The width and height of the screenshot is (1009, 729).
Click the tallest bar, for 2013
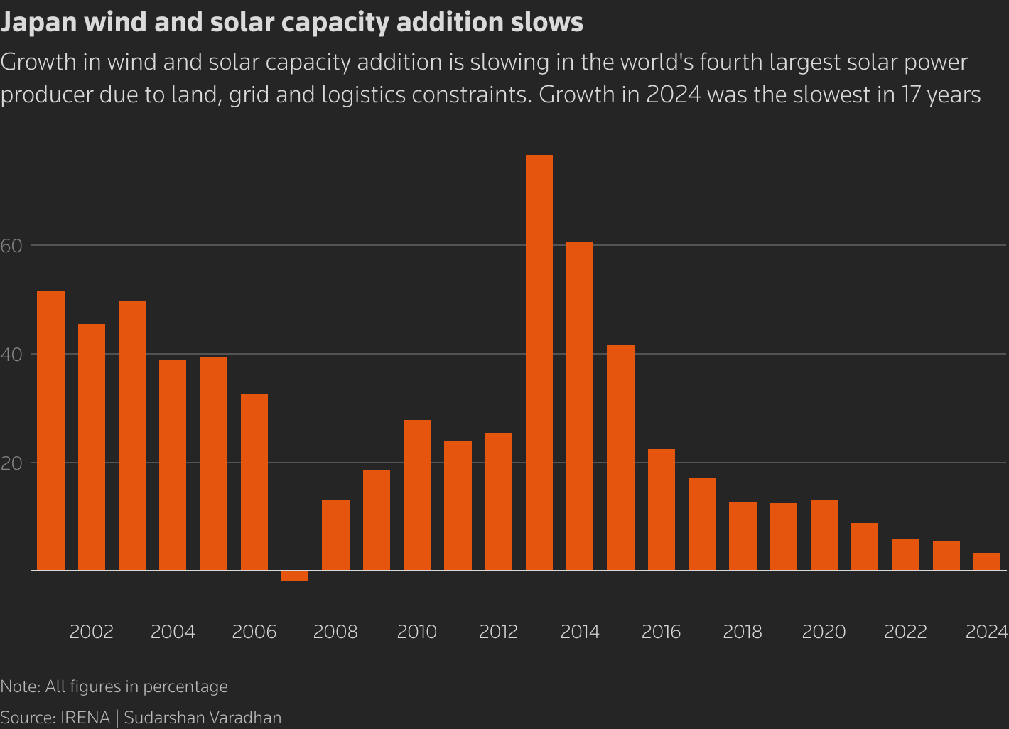pos(539,362)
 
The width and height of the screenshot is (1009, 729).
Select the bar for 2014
pos(580,406)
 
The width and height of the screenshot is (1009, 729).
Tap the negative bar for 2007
pos(295,576)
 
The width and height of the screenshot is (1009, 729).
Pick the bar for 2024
pos(986,561)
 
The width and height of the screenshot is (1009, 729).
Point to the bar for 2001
pos(50,431)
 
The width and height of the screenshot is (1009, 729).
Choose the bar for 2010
pos(417,495)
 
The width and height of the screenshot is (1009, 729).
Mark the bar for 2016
pos(662,509)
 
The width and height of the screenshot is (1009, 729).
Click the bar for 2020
pos(824,535)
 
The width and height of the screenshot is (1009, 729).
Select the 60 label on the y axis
pos(11,246)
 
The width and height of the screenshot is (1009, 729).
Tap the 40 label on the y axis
pos(11,355)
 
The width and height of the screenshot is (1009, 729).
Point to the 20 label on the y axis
pos(11,463)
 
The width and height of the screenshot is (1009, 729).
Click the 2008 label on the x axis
pos(335,632)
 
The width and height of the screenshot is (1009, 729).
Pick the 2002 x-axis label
pos(92,632)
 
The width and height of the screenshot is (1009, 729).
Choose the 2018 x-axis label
pos(743,632)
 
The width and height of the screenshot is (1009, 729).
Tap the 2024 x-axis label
pos(987,632)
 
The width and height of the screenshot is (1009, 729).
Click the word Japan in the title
pos(38,23)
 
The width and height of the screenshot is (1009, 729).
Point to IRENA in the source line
pos(85,718)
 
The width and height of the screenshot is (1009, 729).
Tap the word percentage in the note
pos(185,686)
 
